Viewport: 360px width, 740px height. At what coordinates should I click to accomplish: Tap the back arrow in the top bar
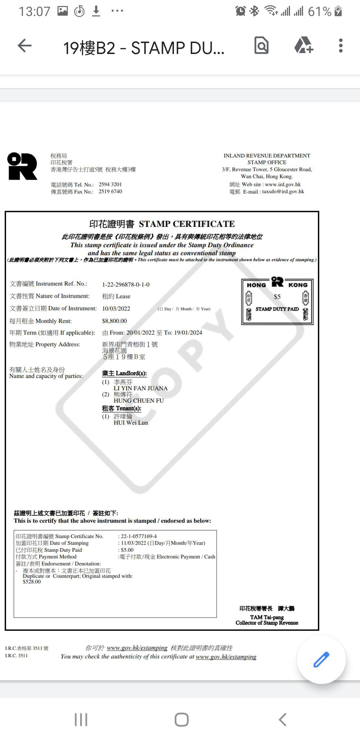click(25, 46)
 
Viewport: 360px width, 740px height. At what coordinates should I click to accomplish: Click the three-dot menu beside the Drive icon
click(340, 46)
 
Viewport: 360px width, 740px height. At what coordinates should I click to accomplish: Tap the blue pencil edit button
click(321, 659)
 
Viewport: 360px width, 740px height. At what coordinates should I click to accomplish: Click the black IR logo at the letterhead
click(22, 166)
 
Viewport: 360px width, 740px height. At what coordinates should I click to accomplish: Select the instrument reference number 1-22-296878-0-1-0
click(126, 284)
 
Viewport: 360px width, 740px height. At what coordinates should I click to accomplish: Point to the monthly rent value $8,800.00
click(114, 321)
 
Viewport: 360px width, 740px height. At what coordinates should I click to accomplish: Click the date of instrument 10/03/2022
click(116, 309)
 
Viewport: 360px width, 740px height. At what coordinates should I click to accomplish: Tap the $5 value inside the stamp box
click(277, 297)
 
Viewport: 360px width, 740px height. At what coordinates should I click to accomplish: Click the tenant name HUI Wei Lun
click(131, 423)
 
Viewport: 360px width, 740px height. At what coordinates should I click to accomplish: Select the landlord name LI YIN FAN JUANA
click(140, 388)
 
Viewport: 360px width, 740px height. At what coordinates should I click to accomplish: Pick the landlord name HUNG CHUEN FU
click(139, 401)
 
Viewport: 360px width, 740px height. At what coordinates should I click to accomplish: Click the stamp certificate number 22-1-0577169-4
click(139, 536)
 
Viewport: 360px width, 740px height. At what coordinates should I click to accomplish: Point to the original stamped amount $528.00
click(32, 582)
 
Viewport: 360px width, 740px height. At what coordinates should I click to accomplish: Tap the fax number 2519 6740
click(110, 192)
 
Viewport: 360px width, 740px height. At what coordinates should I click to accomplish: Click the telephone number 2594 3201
click(110, 184)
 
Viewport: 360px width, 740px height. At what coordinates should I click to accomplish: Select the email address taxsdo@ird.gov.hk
click(283, 192)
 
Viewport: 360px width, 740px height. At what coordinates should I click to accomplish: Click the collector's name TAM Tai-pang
click(267, 617)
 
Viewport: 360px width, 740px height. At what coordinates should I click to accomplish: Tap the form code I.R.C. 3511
click(16, 655)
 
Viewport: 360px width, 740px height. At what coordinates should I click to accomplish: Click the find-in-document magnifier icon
click(261, 46)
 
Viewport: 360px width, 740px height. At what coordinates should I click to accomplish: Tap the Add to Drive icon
click(304, 46)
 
